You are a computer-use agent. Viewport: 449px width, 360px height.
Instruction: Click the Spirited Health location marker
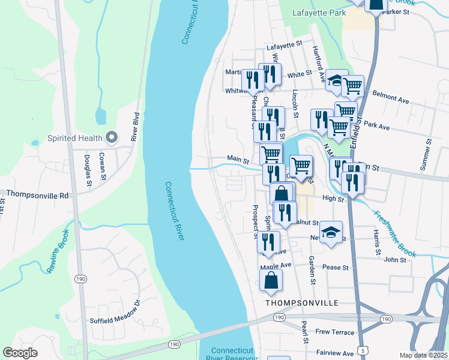[x=111, y=138]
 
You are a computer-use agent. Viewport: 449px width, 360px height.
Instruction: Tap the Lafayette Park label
[x=318, y=12]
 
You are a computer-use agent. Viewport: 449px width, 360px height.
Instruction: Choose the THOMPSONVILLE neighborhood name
[x=302, y=303]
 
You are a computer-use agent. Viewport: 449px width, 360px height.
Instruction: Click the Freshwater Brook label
[x=394, y=233]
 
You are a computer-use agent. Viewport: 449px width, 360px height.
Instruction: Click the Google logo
[x=20, y=353]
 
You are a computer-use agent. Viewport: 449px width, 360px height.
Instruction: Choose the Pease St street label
[x=336, y=267]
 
